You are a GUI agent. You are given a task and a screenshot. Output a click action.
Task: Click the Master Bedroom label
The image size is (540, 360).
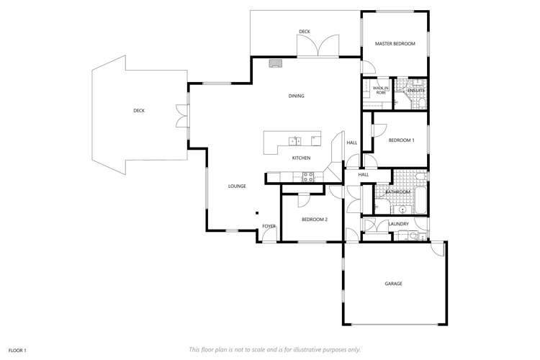point(395,44)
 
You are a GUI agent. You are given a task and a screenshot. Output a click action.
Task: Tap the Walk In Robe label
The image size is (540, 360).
point(380,91)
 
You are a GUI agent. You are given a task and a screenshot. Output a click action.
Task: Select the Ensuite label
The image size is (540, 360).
point(415,90)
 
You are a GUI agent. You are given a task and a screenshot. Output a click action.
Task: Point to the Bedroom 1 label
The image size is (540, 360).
point(401,140)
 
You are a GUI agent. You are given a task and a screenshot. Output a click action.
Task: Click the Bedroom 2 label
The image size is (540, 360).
point(315,219)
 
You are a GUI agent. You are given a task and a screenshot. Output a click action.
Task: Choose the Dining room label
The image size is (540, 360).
point(296,96)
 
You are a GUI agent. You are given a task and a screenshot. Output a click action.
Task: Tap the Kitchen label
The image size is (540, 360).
point(301,158)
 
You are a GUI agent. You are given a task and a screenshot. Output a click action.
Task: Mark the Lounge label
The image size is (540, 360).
point(237,186)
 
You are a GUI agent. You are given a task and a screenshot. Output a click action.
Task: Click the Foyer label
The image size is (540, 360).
point(269,226)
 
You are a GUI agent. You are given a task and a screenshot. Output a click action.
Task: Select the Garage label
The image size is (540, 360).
point(393,284)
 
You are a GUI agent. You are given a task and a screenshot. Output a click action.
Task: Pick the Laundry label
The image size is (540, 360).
point(398,224)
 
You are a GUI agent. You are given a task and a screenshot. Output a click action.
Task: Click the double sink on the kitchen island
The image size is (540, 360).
point(294,140)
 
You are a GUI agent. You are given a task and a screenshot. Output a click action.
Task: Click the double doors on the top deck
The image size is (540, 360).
point(318,47)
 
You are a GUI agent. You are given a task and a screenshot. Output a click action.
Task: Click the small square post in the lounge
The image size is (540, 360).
point(257,212)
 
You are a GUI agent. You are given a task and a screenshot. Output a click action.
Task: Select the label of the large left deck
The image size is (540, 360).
point(139,111)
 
